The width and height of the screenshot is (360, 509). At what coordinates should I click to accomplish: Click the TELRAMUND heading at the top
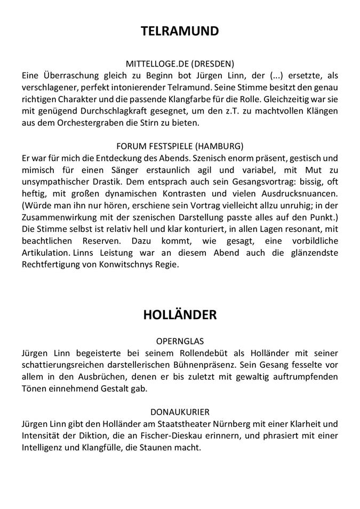point(180,31)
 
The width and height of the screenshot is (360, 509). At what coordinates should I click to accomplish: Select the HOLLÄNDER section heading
point(180,314)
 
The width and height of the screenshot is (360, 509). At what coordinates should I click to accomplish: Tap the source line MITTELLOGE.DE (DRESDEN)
point(180,63)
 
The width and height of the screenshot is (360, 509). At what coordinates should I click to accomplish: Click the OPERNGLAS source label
point(180,341)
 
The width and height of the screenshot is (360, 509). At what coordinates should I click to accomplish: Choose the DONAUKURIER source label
point(180,411)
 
